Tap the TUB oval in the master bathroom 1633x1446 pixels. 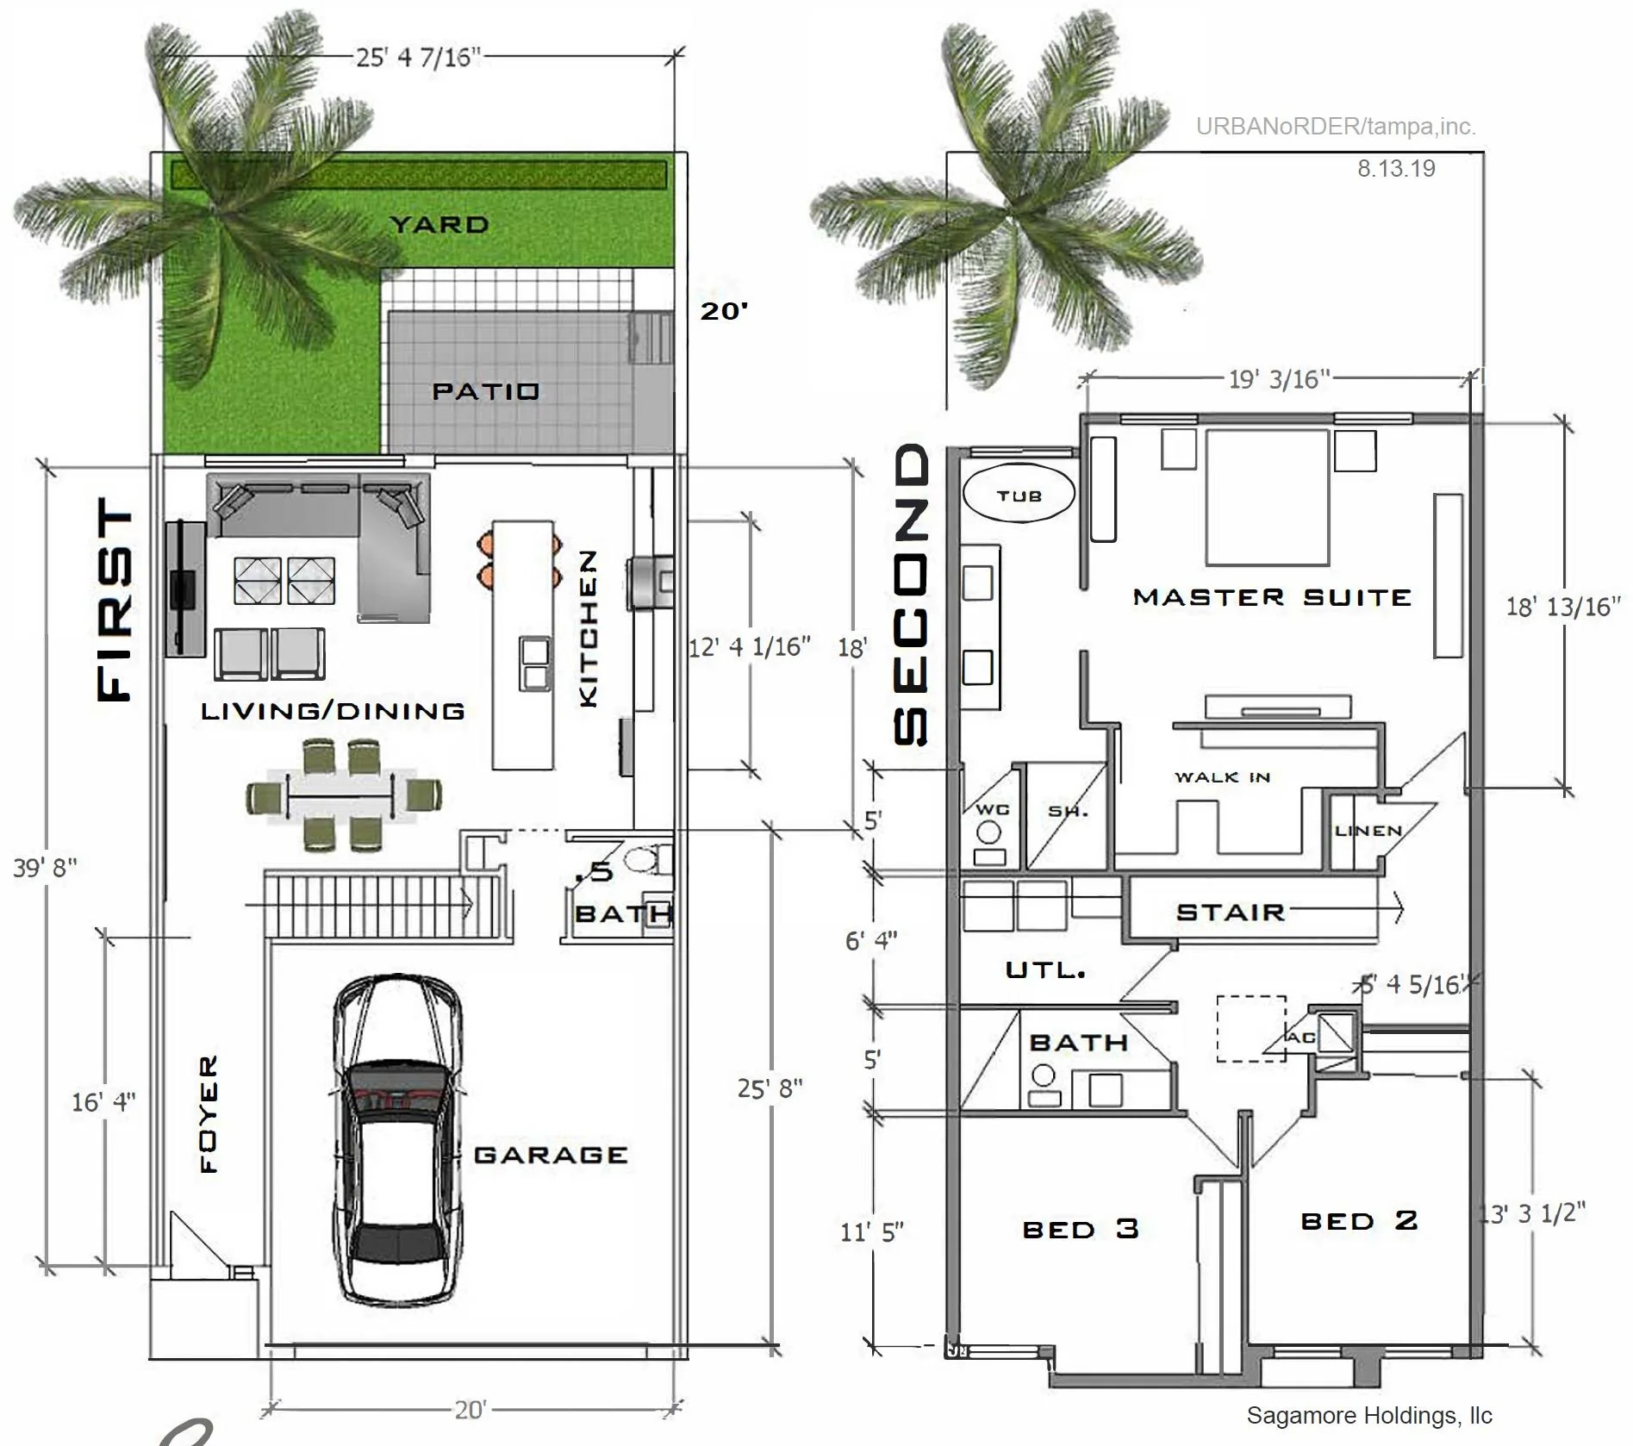(1019, 496)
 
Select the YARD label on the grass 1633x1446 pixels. (439, 225)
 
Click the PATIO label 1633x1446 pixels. (485, 391)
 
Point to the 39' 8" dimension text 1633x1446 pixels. (45, 867)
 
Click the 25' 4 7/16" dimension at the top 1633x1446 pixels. (418, 57)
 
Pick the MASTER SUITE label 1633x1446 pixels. (1271, 597)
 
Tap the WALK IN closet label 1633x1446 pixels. (1222, 777)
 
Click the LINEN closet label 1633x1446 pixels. (1368, 831)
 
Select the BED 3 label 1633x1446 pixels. (1081, 1229)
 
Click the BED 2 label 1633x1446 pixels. (1359, 1220)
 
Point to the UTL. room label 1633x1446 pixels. (1045, 970)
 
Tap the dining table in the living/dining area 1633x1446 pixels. (343, 795)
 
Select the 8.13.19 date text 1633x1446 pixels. (1396, 168)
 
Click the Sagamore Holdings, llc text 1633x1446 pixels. (1368, 1416)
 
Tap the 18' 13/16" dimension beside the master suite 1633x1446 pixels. (1562, 607)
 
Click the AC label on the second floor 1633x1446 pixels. (1300, 1038)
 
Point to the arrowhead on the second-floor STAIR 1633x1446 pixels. (1399, 908)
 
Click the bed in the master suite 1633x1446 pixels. (1267, 497)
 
